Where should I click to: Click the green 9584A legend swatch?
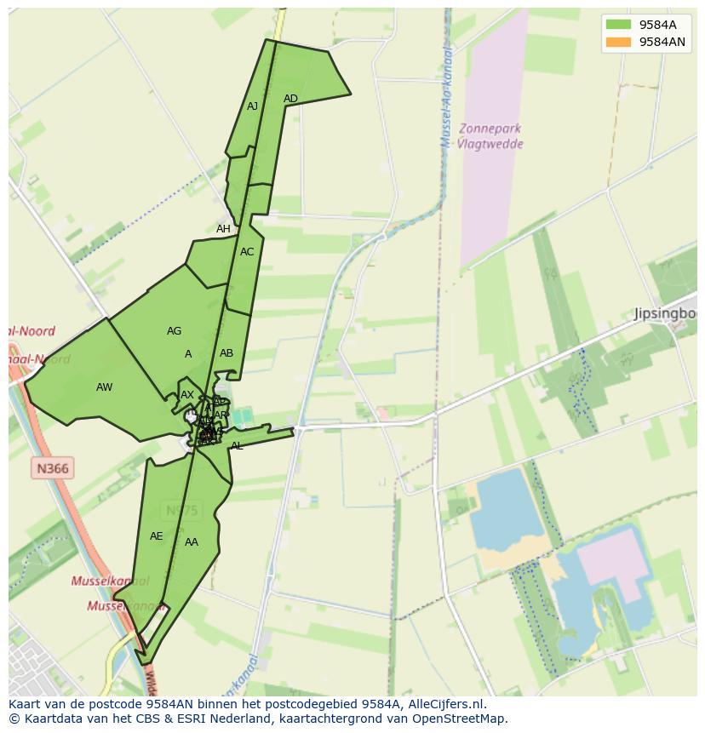[x=618, y=25]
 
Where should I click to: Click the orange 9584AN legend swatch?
[x=618, y=42]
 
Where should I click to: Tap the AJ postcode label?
[x=252, y=106]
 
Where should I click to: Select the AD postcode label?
[x=290, y=99]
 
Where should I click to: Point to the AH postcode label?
[x=223, y=229]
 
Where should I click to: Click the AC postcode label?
[x=247, y=252]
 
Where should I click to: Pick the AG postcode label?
[x=174, y=331]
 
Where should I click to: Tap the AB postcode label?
[x=226, y=353]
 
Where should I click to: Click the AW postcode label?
[x=104, y=387]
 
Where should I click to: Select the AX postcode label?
[x=187, y=395]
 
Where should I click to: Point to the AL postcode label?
[x=237, y=446]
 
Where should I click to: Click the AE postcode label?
[x=156, y=536]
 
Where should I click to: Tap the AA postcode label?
[x=192, y=542]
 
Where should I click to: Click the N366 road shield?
[x=53, y=467]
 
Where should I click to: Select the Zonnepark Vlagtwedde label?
[x=489, y=136]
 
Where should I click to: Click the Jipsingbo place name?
[x=665, y=314]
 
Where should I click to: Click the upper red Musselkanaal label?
[x=110, y=581]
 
